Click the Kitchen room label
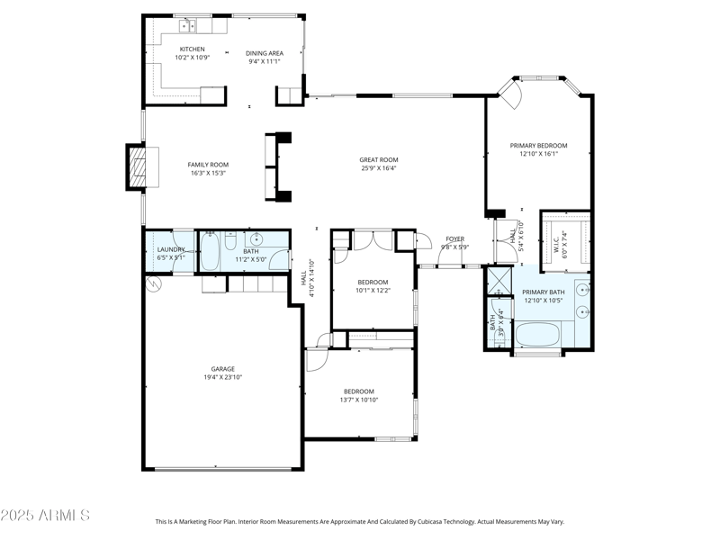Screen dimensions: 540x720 [x=192, y=49]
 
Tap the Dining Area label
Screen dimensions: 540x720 [x=265, y=53]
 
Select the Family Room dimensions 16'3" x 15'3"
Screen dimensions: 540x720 [x=208, y=173]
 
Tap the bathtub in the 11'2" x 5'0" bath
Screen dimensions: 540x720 [x=209, y=252]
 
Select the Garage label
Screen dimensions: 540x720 [x=222, y=369]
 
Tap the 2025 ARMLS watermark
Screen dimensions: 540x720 [x=45, y=516]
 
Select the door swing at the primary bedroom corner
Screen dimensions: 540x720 [x=511, y=94]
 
